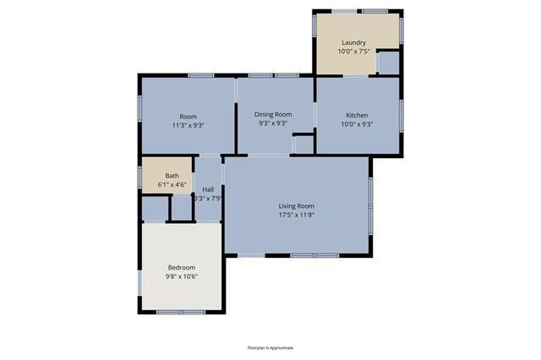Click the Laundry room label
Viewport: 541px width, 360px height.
[353, 42]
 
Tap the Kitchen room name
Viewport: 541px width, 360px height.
[357, 115]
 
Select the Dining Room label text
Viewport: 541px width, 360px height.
[274, 115]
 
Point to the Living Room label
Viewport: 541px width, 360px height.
[297, 206]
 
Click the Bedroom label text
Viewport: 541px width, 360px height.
[182, 268]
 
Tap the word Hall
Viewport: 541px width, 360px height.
[208, 189]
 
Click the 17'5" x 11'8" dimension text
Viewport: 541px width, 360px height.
[297, 215]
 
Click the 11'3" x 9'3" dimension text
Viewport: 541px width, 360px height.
[188, 124]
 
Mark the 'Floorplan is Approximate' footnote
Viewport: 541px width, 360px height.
[270, 347]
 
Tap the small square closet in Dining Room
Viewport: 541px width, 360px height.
[303, 145]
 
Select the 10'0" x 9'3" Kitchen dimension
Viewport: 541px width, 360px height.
[357, 124]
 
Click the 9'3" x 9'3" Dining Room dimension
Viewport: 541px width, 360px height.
[274, 124]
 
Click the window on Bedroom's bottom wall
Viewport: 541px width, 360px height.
[181, 313]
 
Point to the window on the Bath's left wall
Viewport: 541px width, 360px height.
[140, 176]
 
